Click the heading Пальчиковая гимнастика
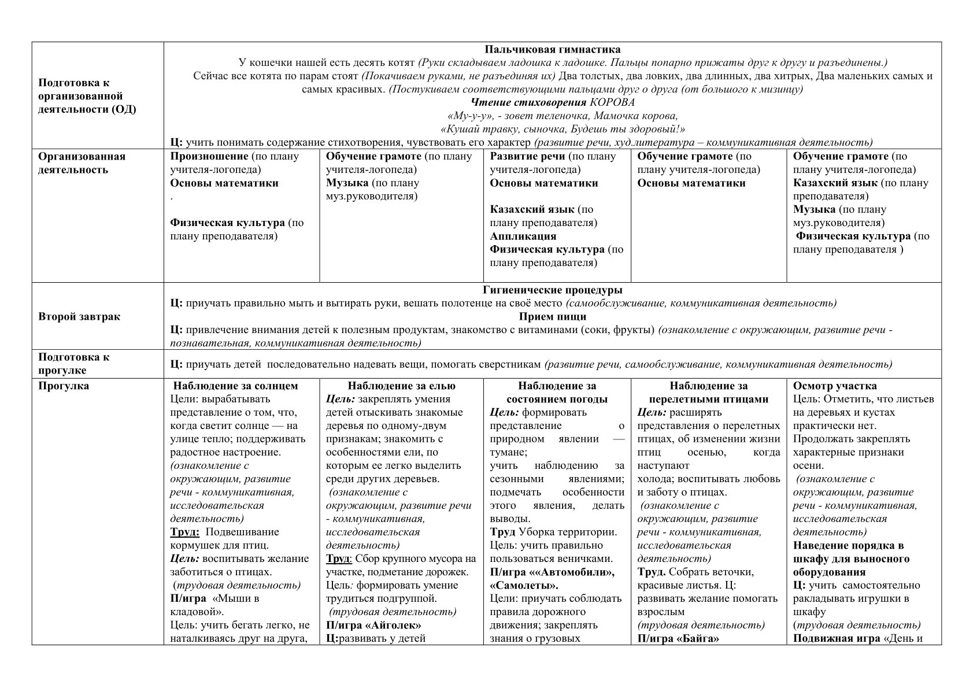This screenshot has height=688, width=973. [x=552, y=50]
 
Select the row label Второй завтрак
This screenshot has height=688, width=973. [x=79, y=317]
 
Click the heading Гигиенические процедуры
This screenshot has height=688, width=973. [x=552, y=290]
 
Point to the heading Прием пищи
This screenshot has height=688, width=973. [x=552, y=316]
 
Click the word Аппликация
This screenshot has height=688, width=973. [x=523, y=236]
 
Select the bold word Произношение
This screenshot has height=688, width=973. [x=209, y=156]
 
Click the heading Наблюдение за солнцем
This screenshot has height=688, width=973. [x=235, y=386]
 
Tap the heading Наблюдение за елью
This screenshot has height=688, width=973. [x=401, y=386]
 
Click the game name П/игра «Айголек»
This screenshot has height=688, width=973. [x=373, y=625]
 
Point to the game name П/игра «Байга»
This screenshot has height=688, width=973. [x=678, y=638]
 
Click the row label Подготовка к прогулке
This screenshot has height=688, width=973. [x=73, y=364]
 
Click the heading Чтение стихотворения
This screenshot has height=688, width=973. [x=529, y=102]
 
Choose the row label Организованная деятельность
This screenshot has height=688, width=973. [x=82, y=163]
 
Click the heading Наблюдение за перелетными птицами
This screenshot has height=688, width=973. [x=708, y=393]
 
